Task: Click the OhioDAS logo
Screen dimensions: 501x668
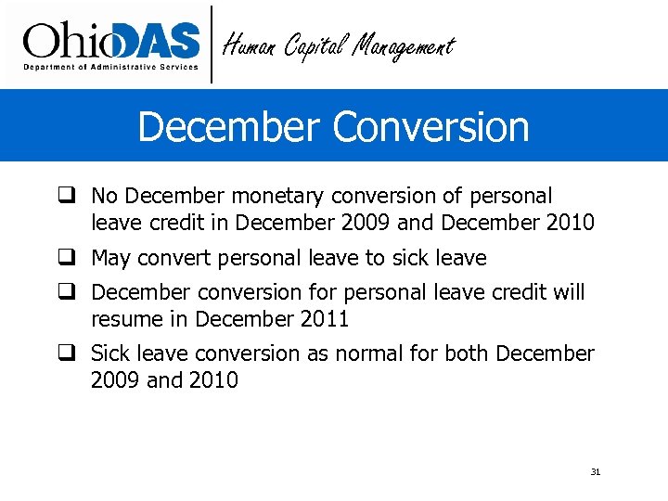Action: tap(111, 41)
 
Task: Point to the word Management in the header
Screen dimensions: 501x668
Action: tap(404, 45)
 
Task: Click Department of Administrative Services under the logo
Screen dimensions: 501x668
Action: tap(110, 67)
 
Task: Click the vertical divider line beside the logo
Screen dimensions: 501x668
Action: tap(212, 44)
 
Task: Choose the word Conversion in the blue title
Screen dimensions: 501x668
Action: tap(431, 126)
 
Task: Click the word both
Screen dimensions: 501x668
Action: tap(467, 353)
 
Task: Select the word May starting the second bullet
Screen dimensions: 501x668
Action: tap(110, 259)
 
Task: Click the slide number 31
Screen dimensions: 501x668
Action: tap(596, 472)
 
